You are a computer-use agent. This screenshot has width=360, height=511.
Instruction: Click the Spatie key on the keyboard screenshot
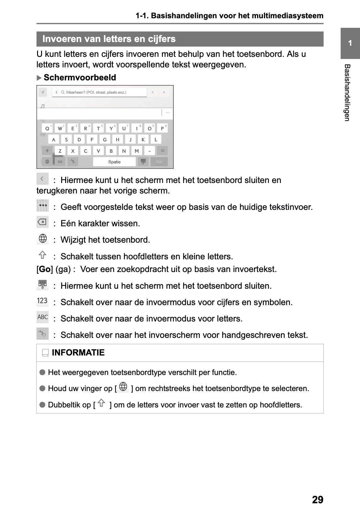[114, 162]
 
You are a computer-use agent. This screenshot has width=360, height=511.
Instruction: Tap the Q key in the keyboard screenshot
[47, 128]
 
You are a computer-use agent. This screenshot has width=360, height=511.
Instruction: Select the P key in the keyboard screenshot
[162, 128]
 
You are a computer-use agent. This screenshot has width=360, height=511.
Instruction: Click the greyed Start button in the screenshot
[159, 162]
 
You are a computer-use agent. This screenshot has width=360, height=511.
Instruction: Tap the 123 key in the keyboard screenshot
[60, 162]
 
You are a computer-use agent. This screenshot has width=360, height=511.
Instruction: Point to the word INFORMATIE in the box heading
[78, 353]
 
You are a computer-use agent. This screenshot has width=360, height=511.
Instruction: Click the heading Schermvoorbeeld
[80, 78]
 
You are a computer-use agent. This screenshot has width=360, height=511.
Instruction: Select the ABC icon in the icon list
[43, 317]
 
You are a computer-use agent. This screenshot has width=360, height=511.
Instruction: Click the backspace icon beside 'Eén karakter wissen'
[42, 222]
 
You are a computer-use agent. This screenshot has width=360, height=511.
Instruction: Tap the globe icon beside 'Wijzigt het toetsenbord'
[42, 238]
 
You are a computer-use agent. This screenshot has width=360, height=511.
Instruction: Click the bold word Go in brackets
[45, 269]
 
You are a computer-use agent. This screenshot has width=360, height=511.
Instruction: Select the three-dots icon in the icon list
[43, 206]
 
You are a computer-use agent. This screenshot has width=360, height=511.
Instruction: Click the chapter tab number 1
[350, 43]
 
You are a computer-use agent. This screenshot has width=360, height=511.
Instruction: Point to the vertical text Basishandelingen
[347, 93]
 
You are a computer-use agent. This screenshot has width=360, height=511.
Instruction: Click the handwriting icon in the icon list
[42, 334]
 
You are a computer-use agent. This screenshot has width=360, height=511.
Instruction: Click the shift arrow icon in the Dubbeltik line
[101, 403]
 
